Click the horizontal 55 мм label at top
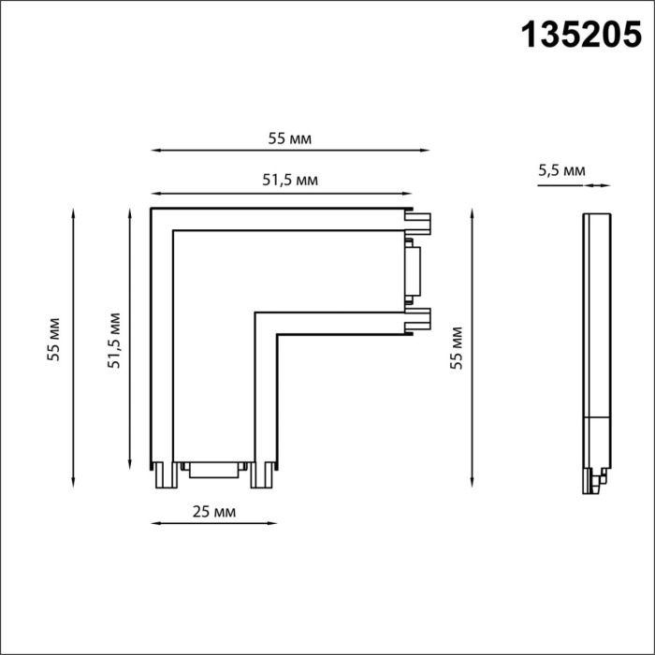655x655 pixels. tap(289, 138)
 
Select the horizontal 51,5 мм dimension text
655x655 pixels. tap(289, 181)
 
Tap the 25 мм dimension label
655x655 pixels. tap(211, 512)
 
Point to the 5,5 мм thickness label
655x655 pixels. tap(561, 170)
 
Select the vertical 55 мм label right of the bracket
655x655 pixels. tap(457, 347)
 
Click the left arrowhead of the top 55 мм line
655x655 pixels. tap(154, 150)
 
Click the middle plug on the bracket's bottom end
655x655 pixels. tap(211, 469)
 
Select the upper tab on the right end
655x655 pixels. tap(417, 222)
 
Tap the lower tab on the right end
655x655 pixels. tap(417, 319)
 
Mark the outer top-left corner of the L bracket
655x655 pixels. tap(152, 208)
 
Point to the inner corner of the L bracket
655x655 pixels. tap(256, 313)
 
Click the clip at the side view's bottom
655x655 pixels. tap(596, 479)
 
